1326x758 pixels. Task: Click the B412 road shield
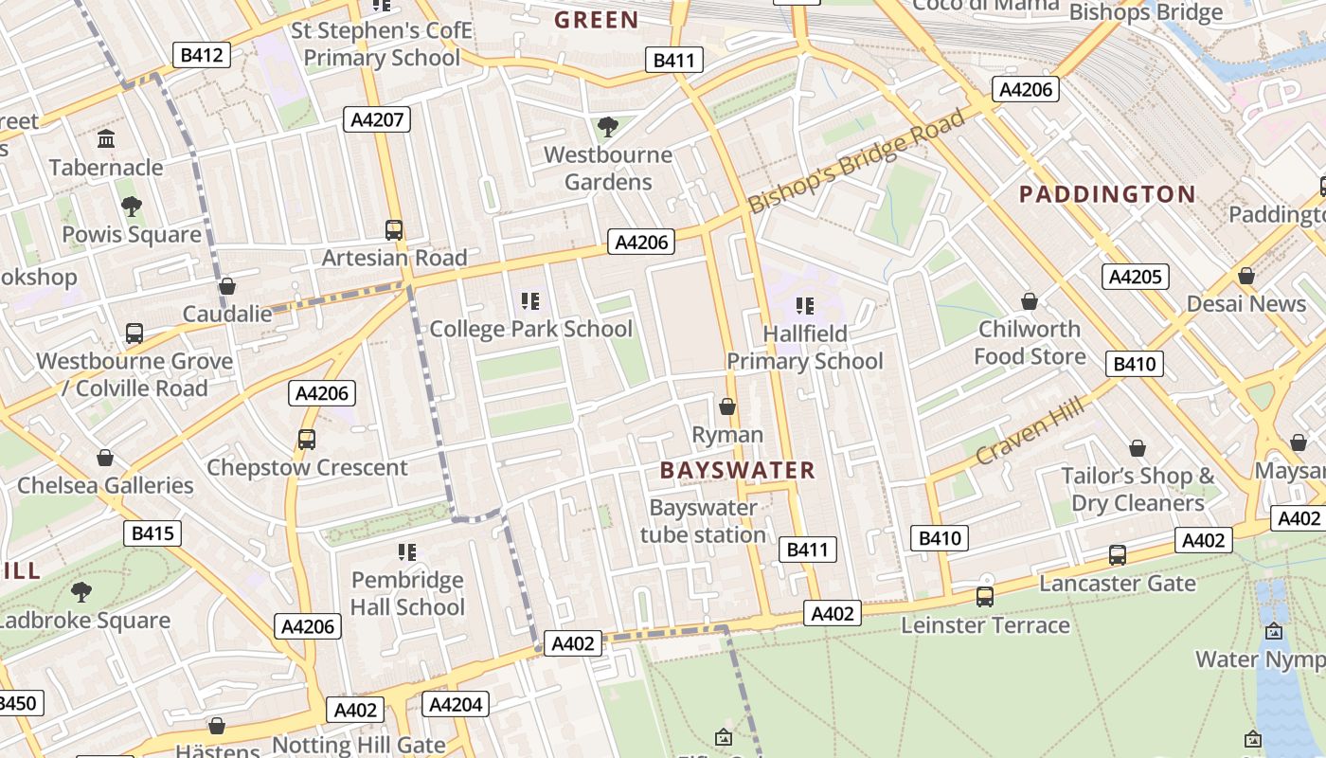coord(202,55)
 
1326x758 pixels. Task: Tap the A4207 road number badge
coord(377,119)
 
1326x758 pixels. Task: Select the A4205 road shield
coord(1136,277)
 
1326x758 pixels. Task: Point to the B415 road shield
coord(152,533)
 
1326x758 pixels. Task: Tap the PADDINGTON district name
coord(1107,194)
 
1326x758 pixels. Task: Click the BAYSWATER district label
coord(737,470)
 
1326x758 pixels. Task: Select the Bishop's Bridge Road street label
coord(856,161)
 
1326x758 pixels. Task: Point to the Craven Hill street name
coord(1029,431)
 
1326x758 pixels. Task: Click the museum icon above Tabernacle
coord(106,140)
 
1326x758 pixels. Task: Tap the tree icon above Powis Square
coord(132,207)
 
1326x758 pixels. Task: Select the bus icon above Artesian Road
coord(394,230)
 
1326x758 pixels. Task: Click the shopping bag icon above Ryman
coord(727,407)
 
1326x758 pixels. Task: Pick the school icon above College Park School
coord(530,302)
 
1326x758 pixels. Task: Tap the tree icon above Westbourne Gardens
coord(608,126)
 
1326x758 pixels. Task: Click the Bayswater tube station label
coord(703,521)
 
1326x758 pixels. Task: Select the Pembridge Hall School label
coord(407,593)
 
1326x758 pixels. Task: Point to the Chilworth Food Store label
coord(1030,343)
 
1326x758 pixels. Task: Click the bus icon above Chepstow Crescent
coord(307,440)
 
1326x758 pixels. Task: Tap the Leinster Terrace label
coord(985,625)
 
